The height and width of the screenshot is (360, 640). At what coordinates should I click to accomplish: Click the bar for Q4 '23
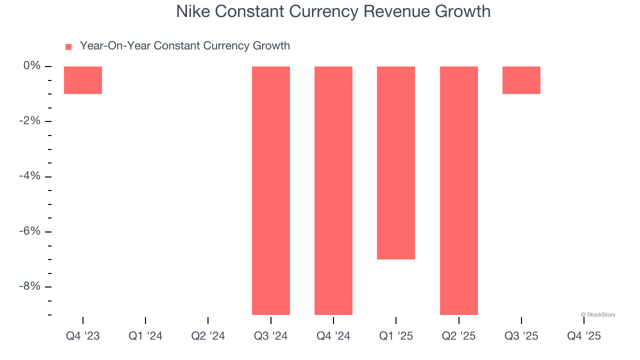83,80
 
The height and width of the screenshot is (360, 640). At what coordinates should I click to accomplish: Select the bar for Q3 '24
271,190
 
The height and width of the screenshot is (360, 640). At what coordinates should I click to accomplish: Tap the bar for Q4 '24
333,190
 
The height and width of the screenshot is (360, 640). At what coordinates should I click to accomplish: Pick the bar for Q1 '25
396,163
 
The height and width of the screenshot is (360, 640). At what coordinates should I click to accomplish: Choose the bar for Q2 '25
459,190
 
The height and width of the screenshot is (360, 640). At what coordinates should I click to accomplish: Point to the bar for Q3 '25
521,80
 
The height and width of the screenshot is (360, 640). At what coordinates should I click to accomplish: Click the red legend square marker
68,46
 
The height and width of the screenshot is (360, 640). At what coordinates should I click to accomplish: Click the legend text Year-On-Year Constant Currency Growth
185,46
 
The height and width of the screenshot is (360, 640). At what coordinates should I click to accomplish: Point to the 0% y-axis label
32,66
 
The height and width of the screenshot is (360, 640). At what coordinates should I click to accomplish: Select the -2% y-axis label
30,121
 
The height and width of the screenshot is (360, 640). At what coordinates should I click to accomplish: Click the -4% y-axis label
30,176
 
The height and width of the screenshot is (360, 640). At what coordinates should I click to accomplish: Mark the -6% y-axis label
30,231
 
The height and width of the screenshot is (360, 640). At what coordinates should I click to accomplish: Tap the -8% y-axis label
30,286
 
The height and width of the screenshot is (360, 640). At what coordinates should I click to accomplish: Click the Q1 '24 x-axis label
145,336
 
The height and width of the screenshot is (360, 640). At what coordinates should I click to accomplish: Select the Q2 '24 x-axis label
208,336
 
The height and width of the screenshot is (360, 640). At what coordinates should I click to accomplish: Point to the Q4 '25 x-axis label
584,336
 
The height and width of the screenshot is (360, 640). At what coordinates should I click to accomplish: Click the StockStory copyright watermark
598,314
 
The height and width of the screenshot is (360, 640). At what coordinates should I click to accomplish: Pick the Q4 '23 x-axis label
83,336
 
